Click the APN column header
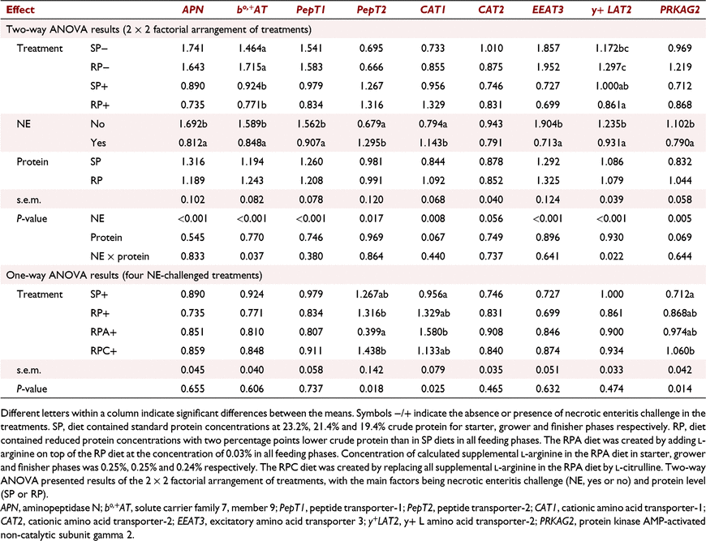click(x=192, y=10)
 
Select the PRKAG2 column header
click(x=679, y=10)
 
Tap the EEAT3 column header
click(x=548, y=10)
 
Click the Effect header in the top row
click(x=20, y=10)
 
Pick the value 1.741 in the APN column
click(x=192, y=48)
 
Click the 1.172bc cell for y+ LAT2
click(x=611, y=48)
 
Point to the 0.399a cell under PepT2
click(x=372, y=332)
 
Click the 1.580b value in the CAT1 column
click(x=433, y=332)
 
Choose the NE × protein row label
click(x=120, y=256)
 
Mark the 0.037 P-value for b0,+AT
click(x=252, y=256)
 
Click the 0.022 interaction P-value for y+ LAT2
click(x=611, y=256)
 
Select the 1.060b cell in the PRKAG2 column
click(x=680, y=350)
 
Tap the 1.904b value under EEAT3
click(x=548, y=124)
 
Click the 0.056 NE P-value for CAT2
click(x=491, y=218)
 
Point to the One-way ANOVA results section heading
click(x=134, y=275)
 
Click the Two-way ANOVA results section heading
click(x=158, y=30)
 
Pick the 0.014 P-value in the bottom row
click(x=680, y=389)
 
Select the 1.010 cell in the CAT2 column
click(x=491, y=48)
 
